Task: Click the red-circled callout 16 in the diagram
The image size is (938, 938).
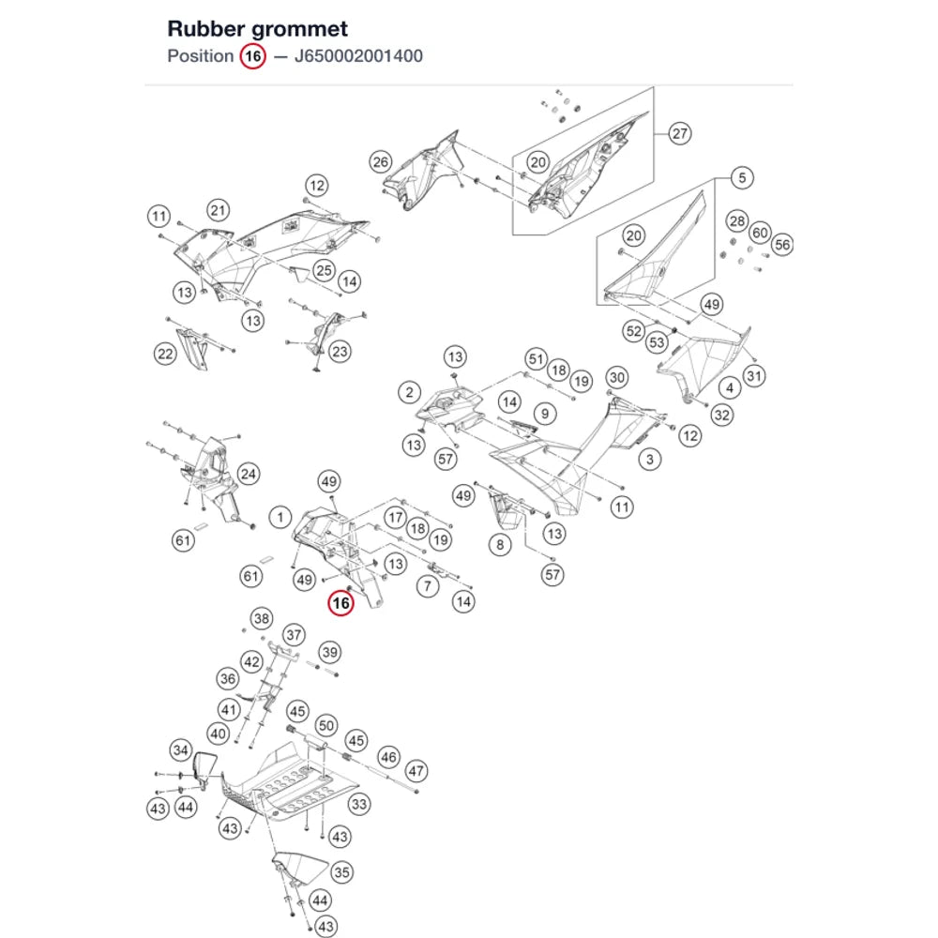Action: coord(341,603)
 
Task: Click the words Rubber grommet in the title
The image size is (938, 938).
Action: coord(257,29)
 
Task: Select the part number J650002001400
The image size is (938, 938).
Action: coord(358,56)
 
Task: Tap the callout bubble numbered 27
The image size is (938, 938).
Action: coord(679,133)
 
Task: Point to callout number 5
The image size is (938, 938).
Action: coord(742,177)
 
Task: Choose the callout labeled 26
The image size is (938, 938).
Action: coord(381,162)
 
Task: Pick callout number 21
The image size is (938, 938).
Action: coord(219,210)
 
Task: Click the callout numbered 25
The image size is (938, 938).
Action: coord(325,270)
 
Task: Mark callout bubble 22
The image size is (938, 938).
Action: coord(165,355)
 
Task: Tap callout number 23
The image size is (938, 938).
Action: coord(340,352)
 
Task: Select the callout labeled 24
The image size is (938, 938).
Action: coord(249,475)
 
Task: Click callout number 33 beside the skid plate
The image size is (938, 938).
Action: coord(359,804)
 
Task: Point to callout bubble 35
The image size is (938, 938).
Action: coord(341,872)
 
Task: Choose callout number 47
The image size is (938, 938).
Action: coord(416,771)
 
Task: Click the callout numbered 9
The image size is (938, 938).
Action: coord(545,414)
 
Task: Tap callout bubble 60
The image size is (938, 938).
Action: coord(760,233)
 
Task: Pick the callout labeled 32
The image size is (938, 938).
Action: coord(722,416)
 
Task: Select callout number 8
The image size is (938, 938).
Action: coord(500,545)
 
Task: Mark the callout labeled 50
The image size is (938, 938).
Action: coord(326,726)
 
